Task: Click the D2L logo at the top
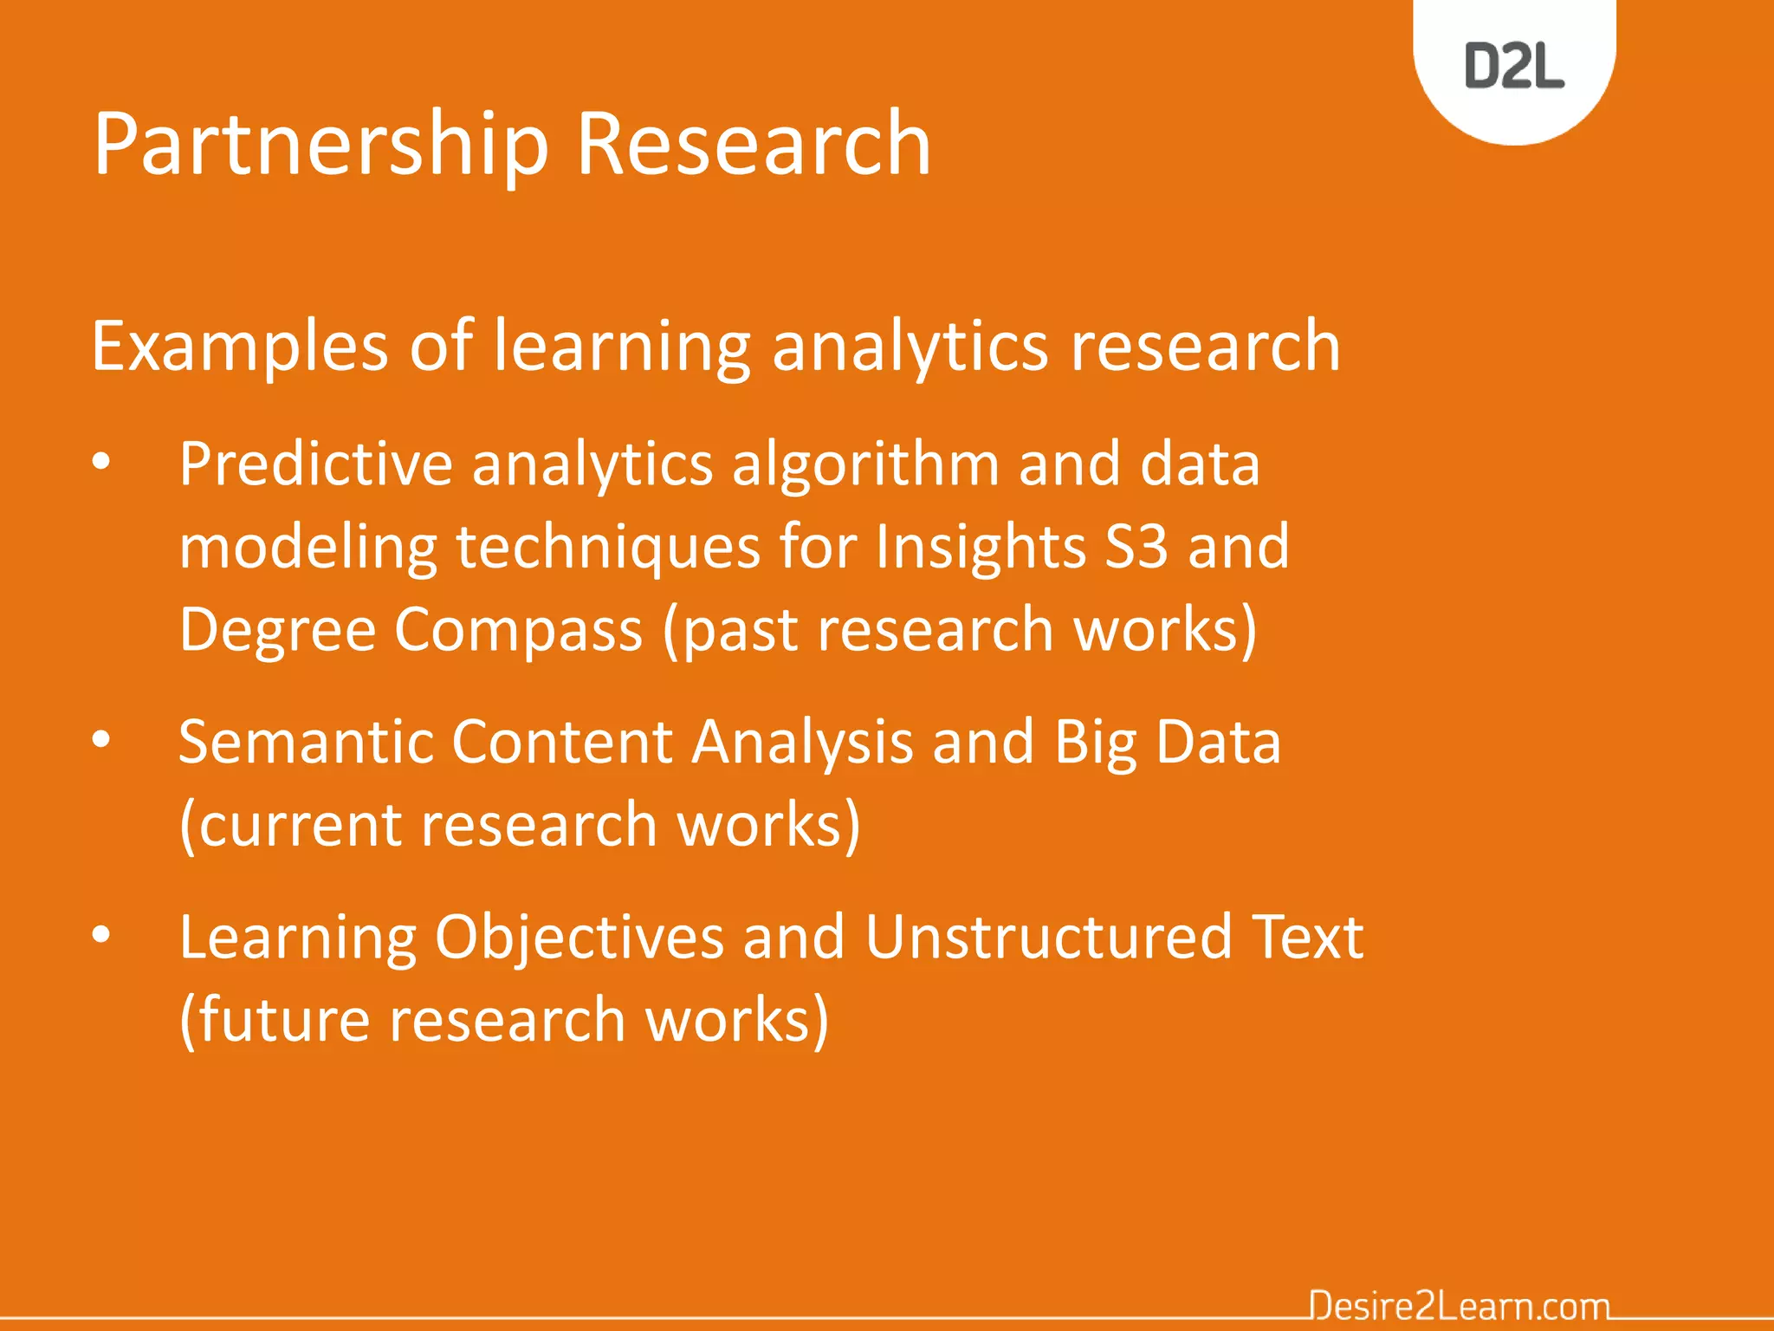[1514, 66]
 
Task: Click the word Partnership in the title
[320, 144]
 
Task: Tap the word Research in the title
[753, 144]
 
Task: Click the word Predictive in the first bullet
[315, 464]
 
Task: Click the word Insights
[980, 547]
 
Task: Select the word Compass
[518, 629]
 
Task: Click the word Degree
[277, 629]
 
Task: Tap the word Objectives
[579, 938]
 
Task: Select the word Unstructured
[1048, 937]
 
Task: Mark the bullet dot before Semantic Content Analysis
[101, 741]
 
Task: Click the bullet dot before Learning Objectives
[101, 936]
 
